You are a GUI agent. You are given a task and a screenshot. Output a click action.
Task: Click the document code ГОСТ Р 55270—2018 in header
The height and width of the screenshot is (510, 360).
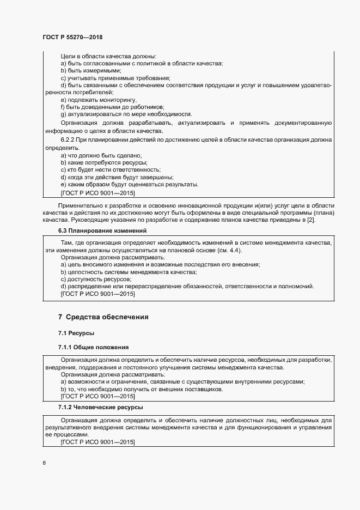pos(72,38)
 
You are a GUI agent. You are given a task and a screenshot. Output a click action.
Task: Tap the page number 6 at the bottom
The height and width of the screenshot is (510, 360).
pos(44,463)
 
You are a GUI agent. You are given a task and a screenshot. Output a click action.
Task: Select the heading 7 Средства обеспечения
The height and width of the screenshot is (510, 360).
pos(103,317)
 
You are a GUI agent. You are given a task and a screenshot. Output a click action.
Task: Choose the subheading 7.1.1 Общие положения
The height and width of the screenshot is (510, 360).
pos(93,347)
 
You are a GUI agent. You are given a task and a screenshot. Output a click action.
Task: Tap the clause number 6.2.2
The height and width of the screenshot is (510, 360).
pos(69,141)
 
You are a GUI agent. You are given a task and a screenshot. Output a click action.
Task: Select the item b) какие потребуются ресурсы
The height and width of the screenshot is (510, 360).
pos(104,163)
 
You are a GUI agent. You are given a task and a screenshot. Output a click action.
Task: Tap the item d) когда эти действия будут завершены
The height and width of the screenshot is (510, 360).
pos(117,178)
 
